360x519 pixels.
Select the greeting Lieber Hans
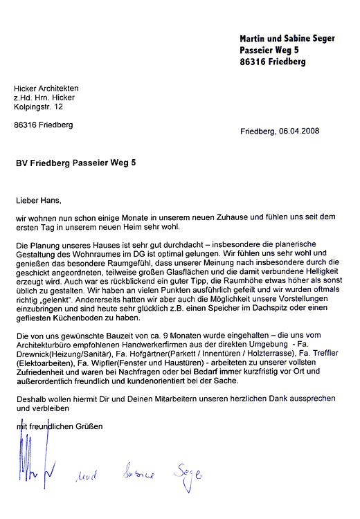pos(38,201)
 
